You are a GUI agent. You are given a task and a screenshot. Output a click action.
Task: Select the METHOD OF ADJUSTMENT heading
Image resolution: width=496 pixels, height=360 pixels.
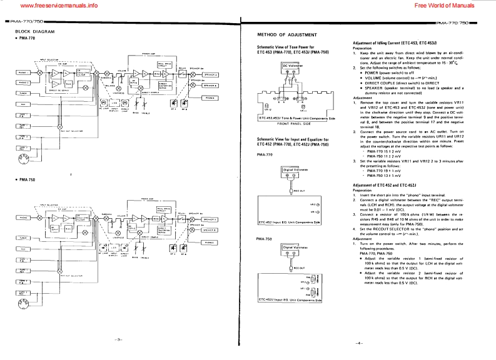[288, 34]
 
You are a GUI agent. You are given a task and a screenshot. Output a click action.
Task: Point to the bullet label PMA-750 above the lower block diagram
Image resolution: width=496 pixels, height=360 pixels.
[26, 180]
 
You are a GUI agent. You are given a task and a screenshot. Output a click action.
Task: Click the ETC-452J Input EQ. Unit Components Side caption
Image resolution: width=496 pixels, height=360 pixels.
[290, 299]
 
